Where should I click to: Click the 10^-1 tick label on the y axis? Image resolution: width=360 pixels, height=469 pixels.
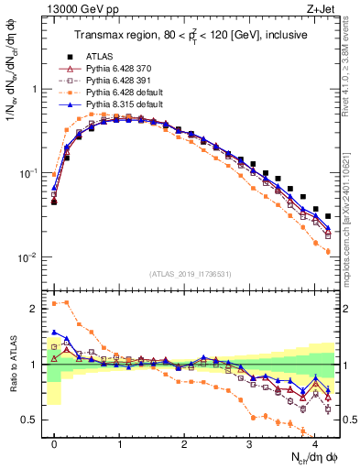[x=29, y=173]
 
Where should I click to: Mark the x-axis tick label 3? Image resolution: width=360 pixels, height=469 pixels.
[x=249, y=442]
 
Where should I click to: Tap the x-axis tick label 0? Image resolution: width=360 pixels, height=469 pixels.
[x=54, y=442]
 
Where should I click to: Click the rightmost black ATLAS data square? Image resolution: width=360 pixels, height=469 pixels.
[x=328, y=216]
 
